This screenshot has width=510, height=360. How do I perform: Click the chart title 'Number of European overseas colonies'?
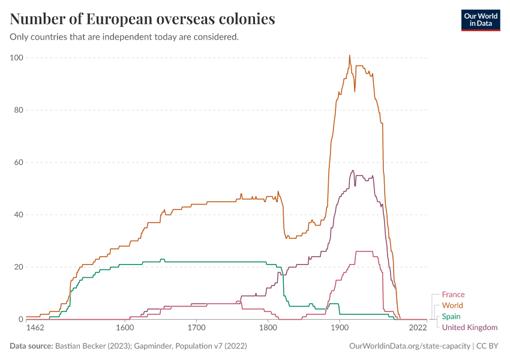click(143, 19)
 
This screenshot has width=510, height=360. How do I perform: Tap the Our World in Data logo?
click(480, 19)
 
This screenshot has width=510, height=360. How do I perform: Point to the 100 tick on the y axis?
click(16, 58)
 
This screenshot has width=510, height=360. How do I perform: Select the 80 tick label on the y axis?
click(17, 110)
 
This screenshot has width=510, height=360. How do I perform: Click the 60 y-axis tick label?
click(17, 162)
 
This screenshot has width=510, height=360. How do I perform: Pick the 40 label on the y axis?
click(17, 215)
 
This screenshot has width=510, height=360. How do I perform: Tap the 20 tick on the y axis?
click(17, 267)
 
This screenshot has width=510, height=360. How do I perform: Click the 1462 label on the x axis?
click(36, 329)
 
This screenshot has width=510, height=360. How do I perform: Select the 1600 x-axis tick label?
click(125, 329)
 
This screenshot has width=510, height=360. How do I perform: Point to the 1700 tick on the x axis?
click(196, 329)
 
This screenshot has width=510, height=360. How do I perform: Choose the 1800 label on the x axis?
click(268, 329)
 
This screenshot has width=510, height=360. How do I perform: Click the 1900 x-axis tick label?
click(340, 329)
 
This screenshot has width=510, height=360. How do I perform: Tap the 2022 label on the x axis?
click(418, 329)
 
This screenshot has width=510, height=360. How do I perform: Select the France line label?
click(453, 295)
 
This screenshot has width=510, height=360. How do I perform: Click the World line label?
click(452, 305)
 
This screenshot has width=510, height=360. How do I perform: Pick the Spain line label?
click(451, 316)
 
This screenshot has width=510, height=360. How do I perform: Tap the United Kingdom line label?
click(470, 327)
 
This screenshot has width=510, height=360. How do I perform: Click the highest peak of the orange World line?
click(350, 56)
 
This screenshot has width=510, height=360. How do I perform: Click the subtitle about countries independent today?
click(125, 37)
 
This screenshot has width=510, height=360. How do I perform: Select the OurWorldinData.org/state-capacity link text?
click(410, 346)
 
